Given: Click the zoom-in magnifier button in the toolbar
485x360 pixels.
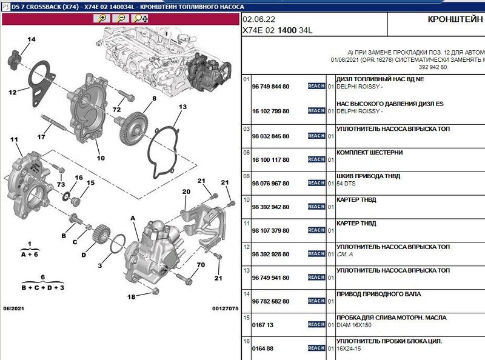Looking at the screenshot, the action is [x=102, y=19].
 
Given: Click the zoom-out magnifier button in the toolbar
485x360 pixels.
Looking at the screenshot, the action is [x=121, y=19].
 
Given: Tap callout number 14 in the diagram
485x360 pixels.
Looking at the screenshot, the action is [x=32, y=39].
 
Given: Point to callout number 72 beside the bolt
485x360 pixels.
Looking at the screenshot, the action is [x=116, y=110].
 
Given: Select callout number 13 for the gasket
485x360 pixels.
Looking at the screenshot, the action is [x=182, y=107].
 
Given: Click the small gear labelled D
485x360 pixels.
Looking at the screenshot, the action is [x=101, y=234].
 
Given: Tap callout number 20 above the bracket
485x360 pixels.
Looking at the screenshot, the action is [x=186, y=192].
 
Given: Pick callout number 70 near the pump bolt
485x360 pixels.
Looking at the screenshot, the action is [x=201, y=265].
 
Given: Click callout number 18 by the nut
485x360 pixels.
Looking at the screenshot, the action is [x=132, y=297].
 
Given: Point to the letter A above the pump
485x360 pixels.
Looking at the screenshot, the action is [x=133, y=218].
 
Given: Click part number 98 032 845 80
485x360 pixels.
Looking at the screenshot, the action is [x=270, y=136].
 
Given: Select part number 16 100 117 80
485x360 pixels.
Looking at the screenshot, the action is [x=270, y=160].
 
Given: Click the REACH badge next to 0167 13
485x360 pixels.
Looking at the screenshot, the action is [x=316, y=324].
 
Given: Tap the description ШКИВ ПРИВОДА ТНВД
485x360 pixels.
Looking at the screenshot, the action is [x=369, y=176].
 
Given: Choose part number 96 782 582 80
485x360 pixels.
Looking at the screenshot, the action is [x=270, y=302].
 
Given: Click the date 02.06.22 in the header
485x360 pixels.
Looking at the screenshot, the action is [x=259, y=19].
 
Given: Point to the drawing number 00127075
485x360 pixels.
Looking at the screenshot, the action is [x=225, y=308].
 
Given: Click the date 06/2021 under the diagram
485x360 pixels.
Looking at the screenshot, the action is [x=13, y=308].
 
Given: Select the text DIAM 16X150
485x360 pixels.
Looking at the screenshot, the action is [x=354, y=325].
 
